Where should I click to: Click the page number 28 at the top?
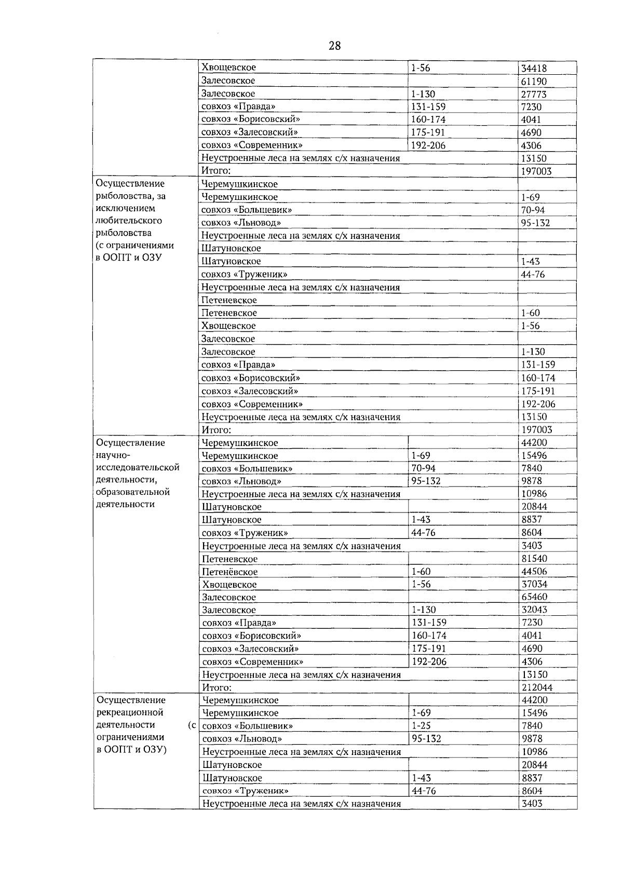coord(334,46)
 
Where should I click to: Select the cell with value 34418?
coord(534,68)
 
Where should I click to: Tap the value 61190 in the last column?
coord(534,81)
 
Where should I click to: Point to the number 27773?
coord(534,94)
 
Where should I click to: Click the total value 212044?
coord(537,687)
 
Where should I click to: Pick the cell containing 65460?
coord(534,597)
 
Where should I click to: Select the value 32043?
coord(534,610)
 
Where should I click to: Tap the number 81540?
coord(534,559)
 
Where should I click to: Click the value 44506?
coord(534,571)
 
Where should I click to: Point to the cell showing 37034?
coord(534,584)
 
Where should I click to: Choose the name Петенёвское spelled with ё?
coord(230,572)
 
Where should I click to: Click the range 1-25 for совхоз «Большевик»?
coord(421,726)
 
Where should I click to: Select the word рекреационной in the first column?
coord(130,712)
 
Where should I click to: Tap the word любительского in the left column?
coord(129,221)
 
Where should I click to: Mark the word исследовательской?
coord(138,467)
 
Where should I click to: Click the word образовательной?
coord(133,492)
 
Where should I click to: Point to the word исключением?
coord(125,208)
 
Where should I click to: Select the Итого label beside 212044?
coord(216,687)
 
